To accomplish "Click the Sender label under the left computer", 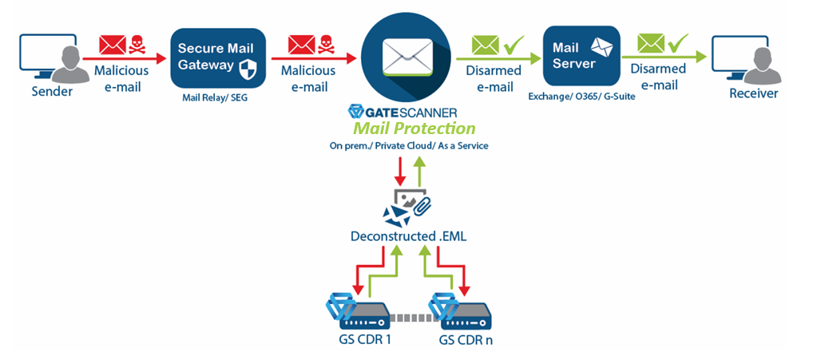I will (52, 91).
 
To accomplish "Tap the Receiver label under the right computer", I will (753, 93).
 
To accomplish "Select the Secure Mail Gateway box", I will (216, 58).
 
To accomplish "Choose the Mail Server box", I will (581, 56).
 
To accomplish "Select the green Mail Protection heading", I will (413, 128).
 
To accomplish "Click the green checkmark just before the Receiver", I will (679, 41).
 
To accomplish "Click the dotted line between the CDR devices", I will (410, 318).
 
